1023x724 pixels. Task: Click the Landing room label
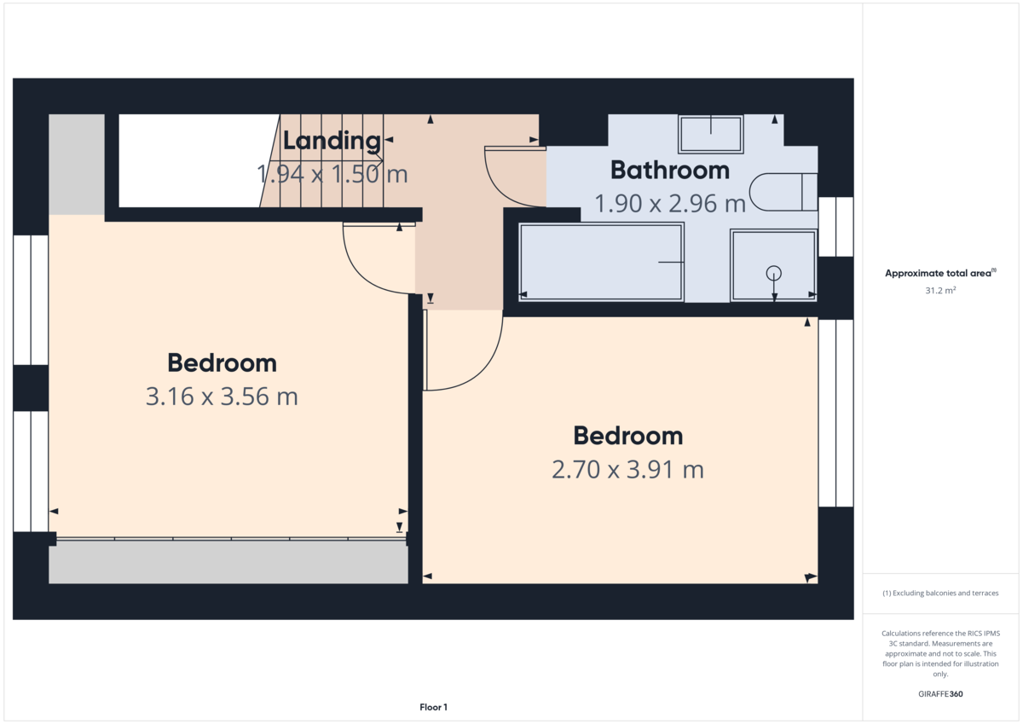[x=332, y=141]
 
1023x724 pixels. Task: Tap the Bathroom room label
[x=670, y=170]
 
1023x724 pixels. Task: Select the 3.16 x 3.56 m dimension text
[x=222, y=397]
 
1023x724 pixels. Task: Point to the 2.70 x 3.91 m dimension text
[x=627, y=469]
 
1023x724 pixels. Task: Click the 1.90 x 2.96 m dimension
[x=670, y=204]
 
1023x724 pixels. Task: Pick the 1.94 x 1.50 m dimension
[x=332, y=175]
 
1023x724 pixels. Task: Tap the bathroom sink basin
[x=710, y=135]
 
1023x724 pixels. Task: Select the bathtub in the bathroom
[x=601, y=262]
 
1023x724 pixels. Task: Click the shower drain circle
[x=773, y=273]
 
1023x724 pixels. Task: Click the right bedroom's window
[x=835, y=413]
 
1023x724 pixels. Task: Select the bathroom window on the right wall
[x=835, y=226]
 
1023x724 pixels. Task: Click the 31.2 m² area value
[x=940, y=290]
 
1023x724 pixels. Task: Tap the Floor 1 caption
[x=433, y=707]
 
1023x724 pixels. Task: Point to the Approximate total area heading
[x=940, y=273]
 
